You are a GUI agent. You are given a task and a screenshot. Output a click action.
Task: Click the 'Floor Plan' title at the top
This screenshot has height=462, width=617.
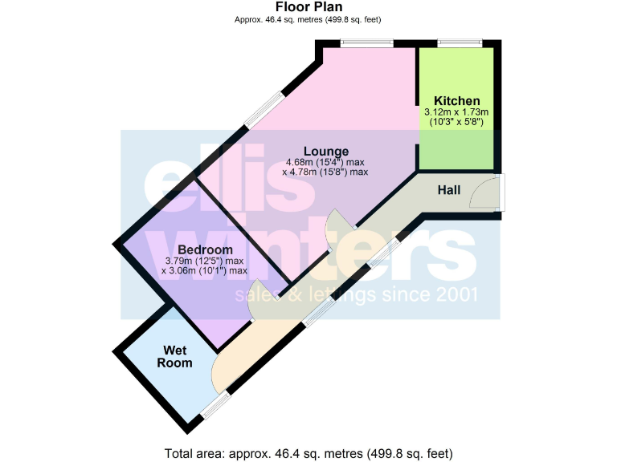pyautogui.click(x=308, y=7)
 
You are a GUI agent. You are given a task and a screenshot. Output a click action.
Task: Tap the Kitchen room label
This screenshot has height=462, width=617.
pyautogui.click(x=456, y=100)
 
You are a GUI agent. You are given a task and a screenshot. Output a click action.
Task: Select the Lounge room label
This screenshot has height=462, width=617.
pyautogui.click(x=325, y=151)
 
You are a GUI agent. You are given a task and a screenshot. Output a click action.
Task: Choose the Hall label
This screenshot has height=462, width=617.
pyautogui.click(x=448, y=190)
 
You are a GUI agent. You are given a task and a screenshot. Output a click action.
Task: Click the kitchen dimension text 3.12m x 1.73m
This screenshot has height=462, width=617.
pyautogui.click(x=456, y=112)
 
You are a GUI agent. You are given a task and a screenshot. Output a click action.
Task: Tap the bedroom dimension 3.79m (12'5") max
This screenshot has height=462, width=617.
pyautogui.click(x=204, y=260)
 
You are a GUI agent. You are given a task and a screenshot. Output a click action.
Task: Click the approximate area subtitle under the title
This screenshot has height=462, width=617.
pyautogui.click(x=308, y=20)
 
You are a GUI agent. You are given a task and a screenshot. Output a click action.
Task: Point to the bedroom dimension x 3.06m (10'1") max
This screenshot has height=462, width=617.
pyautogui.click(x=204, y=271)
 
